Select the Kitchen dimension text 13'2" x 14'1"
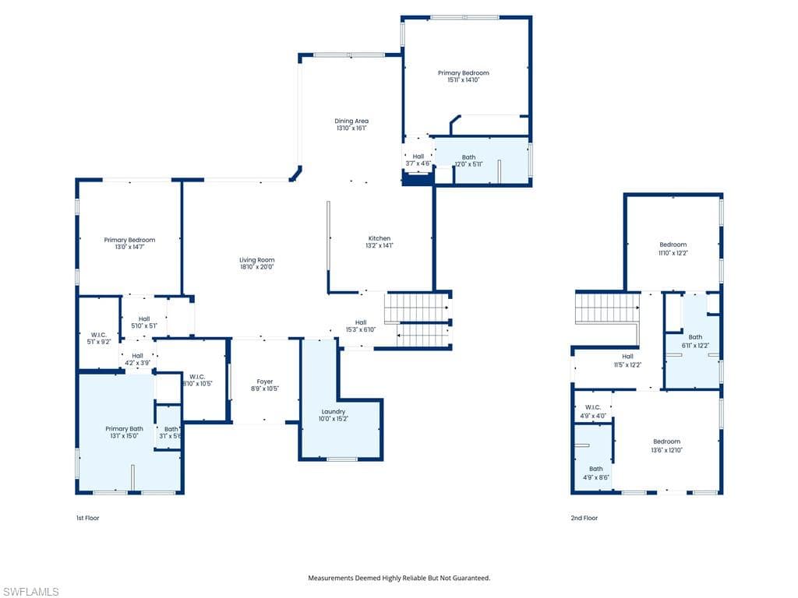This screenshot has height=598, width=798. [x=380, y=245]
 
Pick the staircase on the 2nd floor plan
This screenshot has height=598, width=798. [x=606, y=308]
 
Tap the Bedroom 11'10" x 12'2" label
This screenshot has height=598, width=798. [x=673, y=248]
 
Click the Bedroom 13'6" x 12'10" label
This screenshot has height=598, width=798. [x=666, y=445]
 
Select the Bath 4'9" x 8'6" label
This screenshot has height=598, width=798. [x=596, y=473]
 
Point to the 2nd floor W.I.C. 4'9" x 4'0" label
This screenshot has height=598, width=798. [x=593, y=411]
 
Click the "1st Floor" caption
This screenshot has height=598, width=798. [x=88, y=518]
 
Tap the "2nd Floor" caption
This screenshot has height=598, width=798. [x=584, y=518]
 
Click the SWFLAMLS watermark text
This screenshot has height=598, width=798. [x=30, y=592]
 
